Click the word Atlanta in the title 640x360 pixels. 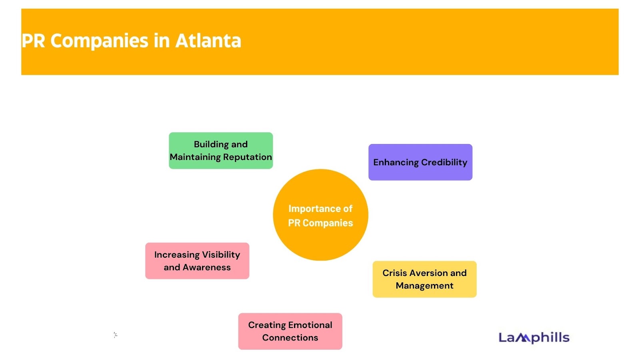pyautogui.click(x=208, y=40)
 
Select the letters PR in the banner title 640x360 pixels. pyautogui.click(x=33, y=40)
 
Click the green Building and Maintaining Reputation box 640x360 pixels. pyautogui.click(x=221, y=150)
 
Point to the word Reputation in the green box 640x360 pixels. pyautogui.click(x=248, y=157)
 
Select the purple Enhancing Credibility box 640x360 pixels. pyautogui.click(x=420, y=162)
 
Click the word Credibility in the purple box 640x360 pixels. pyautogui.click(x=444, y=162)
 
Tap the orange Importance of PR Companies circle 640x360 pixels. pyautogui.click(x=320, y=215)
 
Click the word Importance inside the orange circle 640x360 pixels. pyautogui.click(x=312, y=209)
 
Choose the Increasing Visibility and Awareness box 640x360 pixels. pyautogui.click(x=197, y=261)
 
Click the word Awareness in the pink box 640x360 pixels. pyautogui.click(x=206, y=268)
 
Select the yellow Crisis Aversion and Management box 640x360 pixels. pyautogui.click(x=424, y=279)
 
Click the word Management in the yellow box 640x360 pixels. pyautogui.click(x=424, y=286)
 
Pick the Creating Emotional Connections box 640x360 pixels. pyautogui.click(x=290, y=331)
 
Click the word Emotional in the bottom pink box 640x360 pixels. pyautogui.click(x=310, y=325)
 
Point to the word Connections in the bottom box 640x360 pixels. pyautogui.click(x=290, y=338)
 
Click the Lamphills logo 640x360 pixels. pyautogui.click(x=534, y=338)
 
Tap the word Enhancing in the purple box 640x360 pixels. pyautogui.click(x=396, y=162)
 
